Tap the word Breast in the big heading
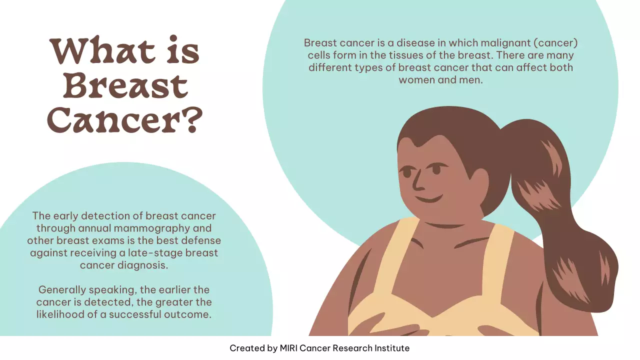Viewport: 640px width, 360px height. click(x=125, y=85)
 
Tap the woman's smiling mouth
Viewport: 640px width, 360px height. click(x=429, y=198)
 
